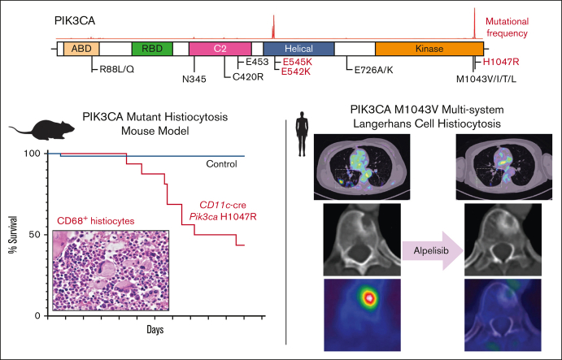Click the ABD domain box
point(81,49)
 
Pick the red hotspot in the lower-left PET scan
point(371,298)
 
